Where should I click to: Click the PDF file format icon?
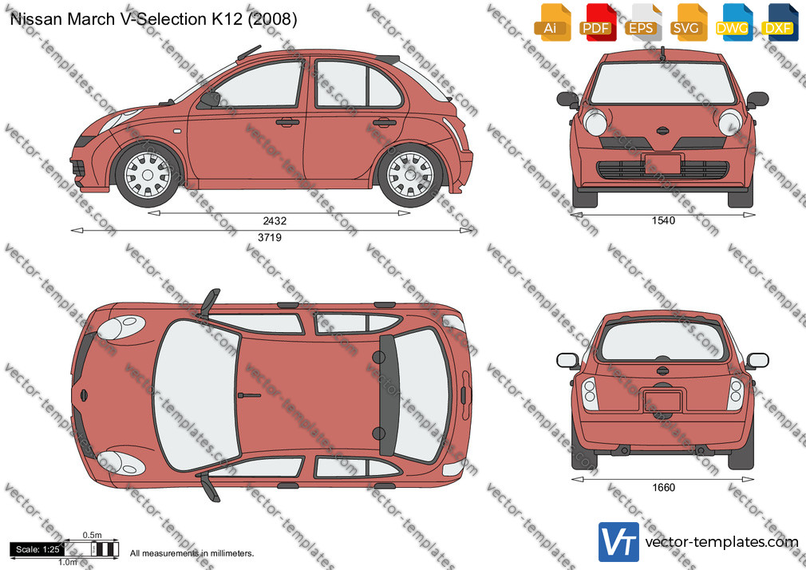tap(598, 22)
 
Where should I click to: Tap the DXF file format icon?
tap(780, 22)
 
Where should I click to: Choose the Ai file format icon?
tap(552, 22)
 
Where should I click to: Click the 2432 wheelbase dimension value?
tap(275, 220)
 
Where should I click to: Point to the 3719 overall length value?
tap(270, 237)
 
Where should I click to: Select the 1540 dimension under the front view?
tap(663, 220)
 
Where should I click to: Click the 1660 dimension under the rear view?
tap(663, 487)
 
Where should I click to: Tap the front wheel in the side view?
tap(148, 175)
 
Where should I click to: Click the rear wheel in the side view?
tap(410, 175)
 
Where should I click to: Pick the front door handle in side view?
tap(287, 122)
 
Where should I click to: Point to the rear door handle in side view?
tap(385, 122)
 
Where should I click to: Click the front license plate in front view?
tap(662, 163)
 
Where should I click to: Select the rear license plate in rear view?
tap(662, 401)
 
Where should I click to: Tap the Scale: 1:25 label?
tap(38, 549)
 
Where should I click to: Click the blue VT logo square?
tap(619, 542)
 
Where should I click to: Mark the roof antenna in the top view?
tap(249, 395)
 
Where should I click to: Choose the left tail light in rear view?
tap(590, 394)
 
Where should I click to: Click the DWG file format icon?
tap(734, 22)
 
